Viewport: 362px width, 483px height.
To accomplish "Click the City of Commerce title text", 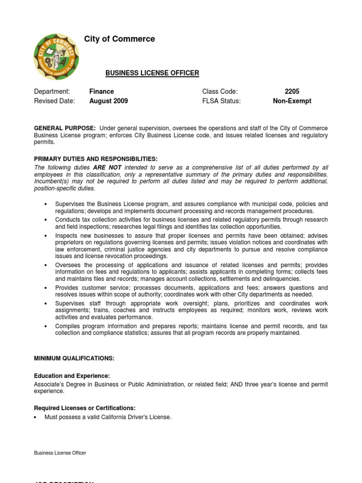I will coord(119,39).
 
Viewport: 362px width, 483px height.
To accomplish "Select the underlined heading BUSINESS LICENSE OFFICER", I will coord(152,73).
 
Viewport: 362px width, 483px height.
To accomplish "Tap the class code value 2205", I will coord(292,92).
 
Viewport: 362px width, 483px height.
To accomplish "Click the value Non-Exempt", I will coord(292,101).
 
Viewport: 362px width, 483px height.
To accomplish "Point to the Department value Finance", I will coord(101,92).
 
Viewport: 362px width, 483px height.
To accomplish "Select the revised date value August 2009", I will coord(108,101).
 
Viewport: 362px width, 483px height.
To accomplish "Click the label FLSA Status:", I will coord(222,101).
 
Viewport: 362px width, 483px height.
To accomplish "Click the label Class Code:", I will coord(220,92).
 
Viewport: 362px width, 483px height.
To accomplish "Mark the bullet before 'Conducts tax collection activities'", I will coord(45,220).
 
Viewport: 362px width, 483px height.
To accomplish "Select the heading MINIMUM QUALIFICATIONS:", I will coord(74,358).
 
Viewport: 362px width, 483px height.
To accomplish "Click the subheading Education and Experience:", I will coord(72,376).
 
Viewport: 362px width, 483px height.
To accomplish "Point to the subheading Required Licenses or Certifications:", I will coord(85,408).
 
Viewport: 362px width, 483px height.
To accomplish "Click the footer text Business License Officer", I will coord(60,453).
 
